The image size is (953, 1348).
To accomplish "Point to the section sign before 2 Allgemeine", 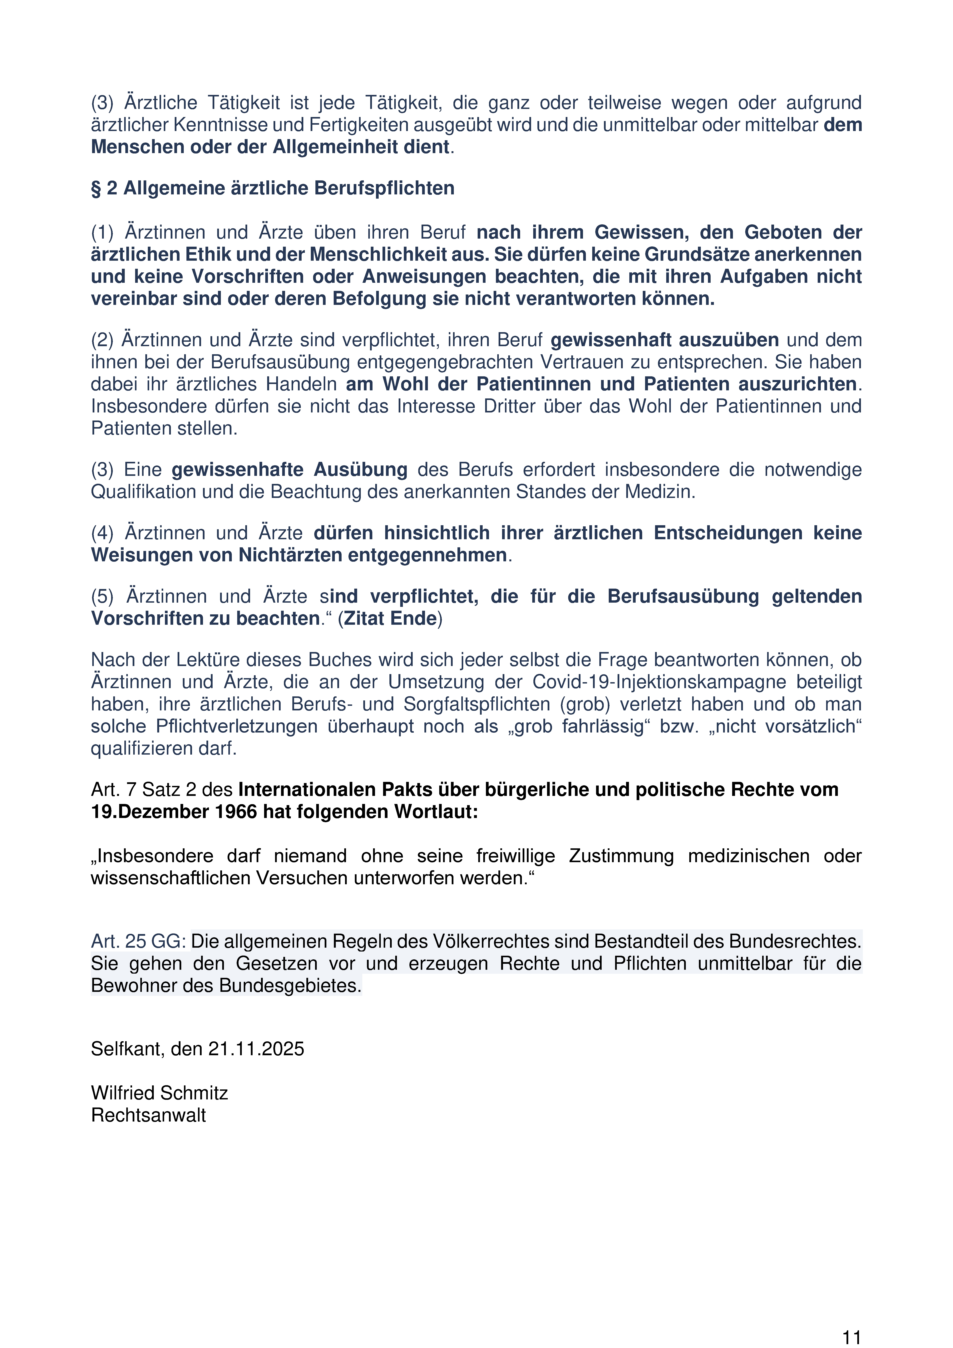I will coord(96,188).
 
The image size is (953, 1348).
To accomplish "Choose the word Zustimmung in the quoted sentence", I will coord(621,856).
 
